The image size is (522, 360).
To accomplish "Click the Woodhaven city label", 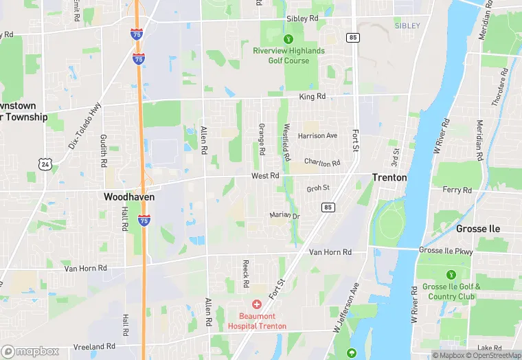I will coord(129,196).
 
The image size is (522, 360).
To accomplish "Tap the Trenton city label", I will coord(389,177).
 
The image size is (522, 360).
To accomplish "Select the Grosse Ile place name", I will coord(478,228).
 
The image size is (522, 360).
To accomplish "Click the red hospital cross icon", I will coord(257,304).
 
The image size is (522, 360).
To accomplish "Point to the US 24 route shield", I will coord(45,165).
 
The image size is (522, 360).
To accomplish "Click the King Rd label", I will coord(312,97).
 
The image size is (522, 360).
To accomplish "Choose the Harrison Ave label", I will coord(317,136).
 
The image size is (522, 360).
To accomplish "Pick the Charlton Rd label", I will coord(322,164).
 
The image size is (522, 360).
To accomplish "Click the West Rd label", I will coord(265,176).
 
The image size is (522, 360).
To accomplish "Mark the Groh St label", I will coord(318,188).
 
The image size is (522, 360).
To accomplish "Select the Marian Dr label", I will coord(285,216).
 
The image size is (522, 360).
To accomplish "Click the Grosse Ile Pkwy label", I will coord(446,251).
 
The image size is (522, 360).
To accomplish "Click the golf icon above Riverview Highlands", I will coord(289,38).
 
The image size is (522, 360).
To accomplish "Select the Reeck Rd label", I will coord(246,273).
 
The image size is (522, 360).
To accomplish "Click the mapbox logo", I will coord(30,350).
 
